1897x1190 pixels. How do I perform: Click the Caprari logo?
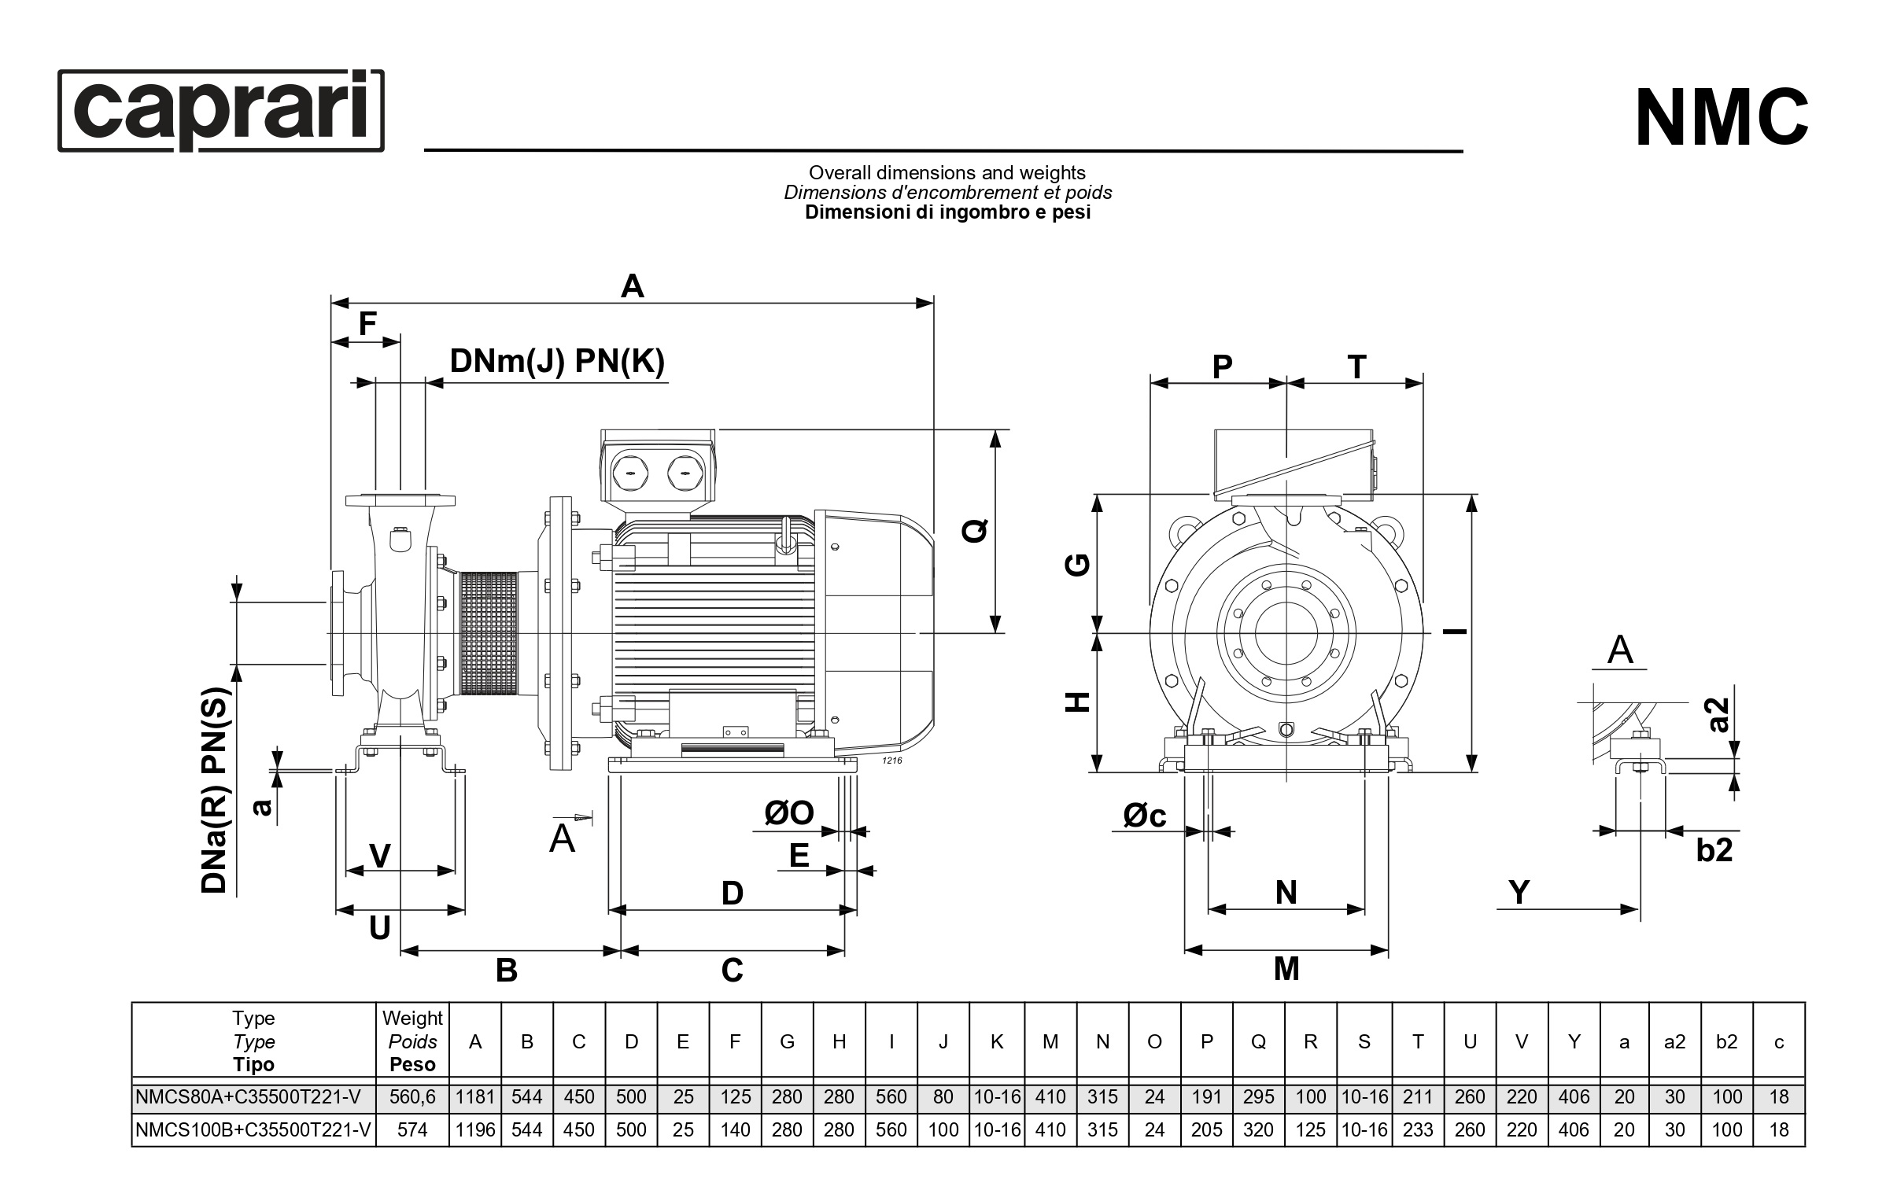pyautogui.click(x=221, y=110)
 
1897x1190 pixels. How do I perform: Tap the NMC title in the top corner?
pyautogui.click(x=1721, y=119)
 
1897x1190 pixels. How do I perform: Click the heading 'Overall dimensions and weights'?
pyautogui.click(x=947, y=172)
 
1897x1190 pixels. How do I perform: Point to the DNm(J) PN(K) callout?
pyautogui.click(x=556, y=361)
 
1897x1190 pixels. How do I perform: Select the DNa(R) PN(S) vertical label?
pyautogui.click(x=214, y=790)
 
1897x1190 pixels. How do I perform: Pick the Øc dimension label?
pyautogui.click(x=1145, y=816)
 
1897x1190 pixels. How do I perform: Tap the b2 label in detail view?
pyautogui.click(x=1714, y=850)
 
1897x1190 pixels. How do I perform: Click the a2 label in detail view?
pyautogui.click(x=1719, y=715)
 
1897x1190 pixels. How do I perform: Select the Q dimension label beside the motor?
pyautogui.click(x=975, y=530)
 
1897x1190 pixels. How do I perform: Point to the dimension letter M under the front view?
pyautogui.click(x=1286, y=969)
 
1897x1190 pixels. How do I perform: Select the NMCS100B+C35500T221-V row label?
pyautogui.click(x=253, y=1130)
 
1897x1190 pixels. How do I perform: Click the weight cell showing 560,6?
pyautogui.click(x=412, y=1097)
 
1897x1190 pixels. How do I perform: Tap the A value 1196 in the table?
pyautogui.click(x=475, y=1130)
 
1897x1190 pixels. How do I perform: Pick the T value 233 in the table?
pyautogui.click(x=1417, y=1130)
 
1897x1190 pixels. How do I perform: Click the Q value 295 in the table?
pyautogui.click(x=1258, y=1097)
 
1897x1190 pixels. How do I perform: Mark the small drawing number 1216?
pyautogui.click(x=891, y=761)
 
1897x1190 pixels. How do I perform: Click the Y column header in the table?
pyautogui.click(x=1574, y=1041)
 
